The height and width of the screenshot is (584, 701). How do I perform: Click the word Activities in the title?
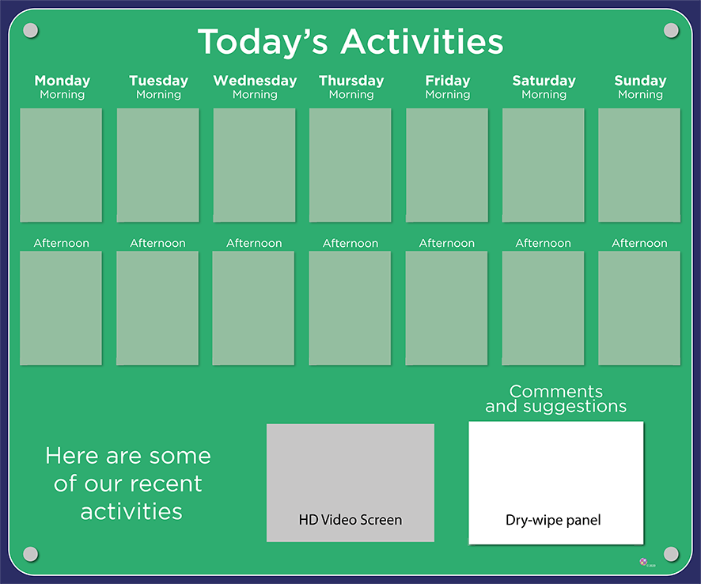click(422, 42)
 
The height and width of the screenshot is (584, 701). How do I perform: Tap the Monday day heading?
click(63, 81)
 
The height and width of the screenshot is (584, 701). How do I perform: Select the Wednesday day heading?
click(255, 81)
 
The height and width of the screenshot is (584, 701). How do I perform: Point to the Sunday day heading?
click(640, 81)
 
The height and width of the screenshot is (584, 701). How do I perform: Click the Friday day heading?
click(448, 81)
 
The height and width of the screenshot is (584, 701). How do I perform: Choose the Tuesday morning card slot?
click(157, 165)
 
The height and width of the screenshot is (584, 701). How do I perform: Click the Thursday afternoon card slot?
click(350, 308)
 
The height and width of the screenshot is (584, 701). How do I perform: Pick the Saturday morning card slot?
click(544, 165)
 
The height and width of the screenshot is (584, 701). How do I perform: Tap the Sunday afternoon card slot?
click(639, 308)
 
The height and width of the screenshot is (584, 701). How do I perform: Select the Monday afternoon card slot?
click(61, 308)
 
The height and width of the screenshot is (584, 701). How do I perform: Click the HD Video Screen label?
click(350, 520)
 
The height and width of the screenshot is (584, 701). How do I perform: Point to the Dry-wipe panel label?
click(553, 520)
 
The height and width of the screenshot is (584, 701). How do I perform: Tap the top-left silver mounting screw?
click(30, 30)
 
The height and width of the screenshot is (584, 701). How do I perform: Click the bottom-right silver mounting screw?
click(671, 554)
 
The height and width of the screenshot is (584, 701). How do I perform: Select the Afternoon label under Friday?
click(446, 243)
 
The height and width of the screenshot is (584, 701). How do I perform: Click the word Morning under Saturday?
click(544, 95)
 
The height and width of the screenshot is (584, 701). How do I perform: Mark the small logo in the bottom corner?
click(644, 562)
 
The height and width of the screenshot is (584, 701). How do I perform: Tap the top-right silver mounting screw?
click(671, 30)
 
